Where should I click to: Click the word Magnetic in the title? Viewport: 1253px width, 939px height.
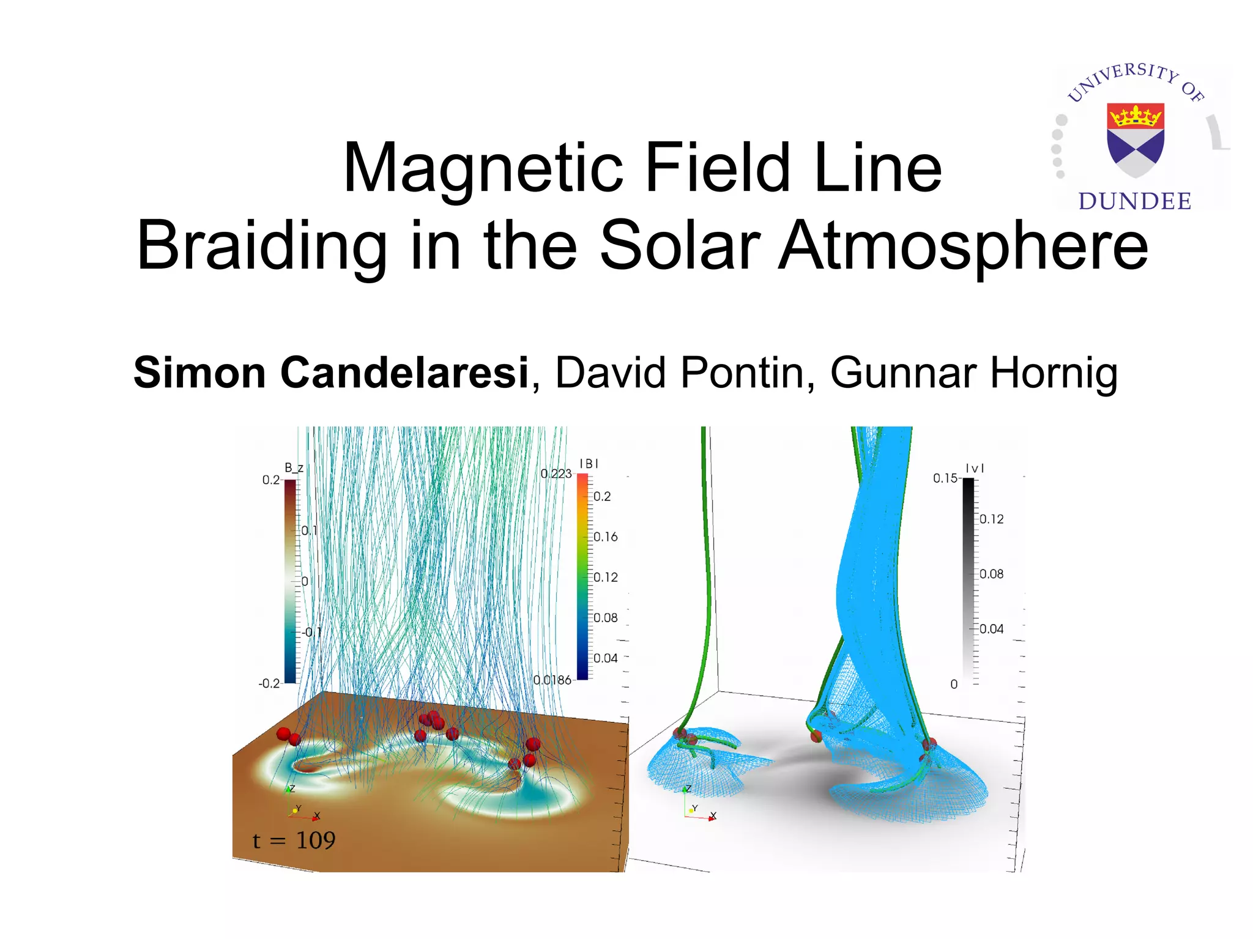pos(483,168)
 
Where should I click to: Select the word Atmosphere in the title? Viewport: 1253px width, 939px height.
pos(964,246)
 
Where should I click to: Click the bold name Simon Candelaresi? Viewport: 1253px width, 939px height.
pos(331,373)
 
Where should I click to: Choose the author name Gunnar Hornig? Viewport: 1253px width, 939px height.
pos(973,373)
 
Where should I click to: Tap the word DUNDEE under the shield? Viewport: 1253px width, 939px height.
pos(1135,201)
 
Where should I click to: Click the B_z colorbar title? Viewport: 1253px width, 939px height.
pos(294,468)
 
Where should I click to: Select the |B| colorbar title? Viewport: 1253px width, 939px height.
pos(589,464)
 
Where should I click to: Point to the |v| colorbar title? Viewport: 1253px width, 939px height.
pos(975,469)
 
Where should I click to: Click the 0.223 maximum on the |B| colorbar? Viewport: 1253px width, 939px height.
pos(556,473)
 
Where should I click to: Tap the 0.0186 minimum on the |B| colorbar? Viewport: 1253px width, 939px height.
pos(552,680)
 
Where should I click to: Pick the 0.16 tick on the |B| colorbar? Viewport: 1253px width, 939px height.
pos(606,537)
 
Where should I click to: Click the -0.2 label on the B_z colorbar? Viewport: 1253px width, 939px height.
pos(269,683)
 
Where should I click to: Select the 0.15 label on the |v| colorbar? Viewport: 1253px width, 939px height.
pos(945,478)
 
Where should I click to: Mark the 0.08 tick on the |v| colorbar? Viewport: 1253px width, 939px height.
pos(991,574)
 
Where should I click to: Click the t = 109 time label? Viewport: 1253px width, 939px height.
pos(294,841)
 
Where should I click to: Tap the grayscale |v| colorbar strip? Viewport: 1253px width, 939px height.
pos(969,581)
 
